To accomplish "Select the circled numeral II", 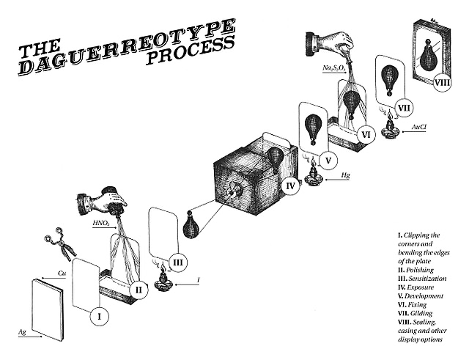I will click(138, 288).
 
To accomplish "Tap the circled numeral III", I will click(179, 262).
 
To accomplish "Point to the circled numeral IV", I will click(290, 186).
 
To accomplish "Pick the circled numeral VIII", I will click(441, 82).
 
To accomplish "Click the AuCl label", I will click(419, 128).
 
